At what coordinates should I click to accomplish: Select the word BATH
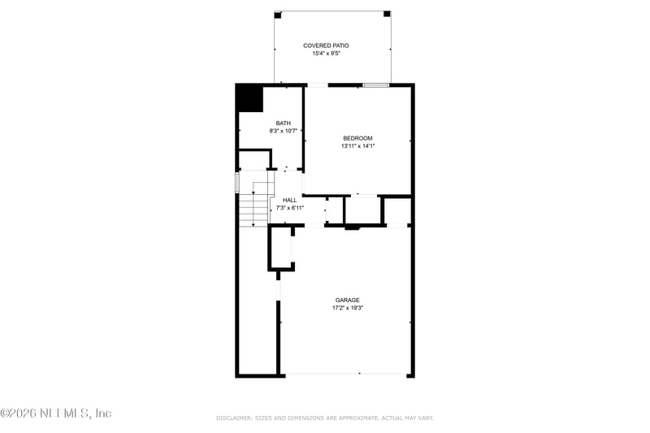coord(283,123)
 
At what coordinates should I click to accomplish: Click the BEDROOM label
coord(357,138)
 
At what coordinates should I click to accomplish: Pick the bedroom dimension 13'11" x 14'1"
coord(357,146)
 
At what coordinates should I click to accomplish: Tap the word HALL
coord(289,200)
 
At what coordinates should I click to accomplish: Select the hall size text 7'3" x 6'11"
coord(290,208)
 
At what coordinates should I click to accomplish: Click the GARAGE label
coord(347,300)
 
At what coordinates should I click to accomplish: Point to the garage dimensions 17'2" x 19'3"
coord(347,308)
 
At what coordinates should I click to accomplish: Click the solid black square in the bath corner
coord(249,98)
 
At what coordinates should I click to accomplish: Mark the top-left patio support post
coord(277,15)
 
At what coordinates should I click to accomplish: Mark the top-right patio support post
coord(387,15)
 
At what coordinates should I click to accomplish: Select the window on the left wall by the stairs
coord(237,182)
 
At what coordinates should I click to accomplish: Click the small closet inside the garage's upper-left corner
coord(281,248)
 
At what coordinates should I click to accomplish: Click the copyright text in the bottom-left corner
coord(55,414)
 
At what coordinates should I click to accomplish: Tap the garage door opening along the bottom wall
coord(344,375)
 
